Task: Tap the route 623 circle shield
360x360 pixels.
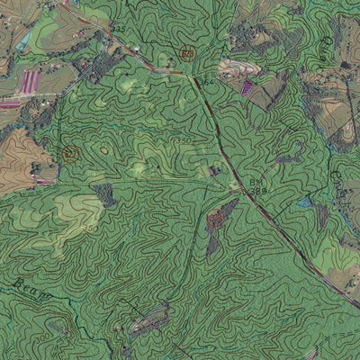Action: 187,54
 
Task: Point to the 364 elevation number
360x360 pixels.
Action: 208,83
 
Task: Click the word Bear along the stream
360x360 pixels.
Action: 27,285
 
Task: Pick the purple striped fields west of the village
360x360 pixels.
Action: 31,81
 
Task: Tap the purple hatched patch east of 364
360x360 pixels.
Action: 247,87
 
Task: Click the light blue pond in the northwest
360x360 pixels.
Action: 23,40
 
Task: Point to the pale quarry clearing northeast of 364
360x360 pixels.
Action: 236,67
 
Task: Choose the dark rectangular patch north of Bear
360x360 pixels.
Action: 104,194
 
